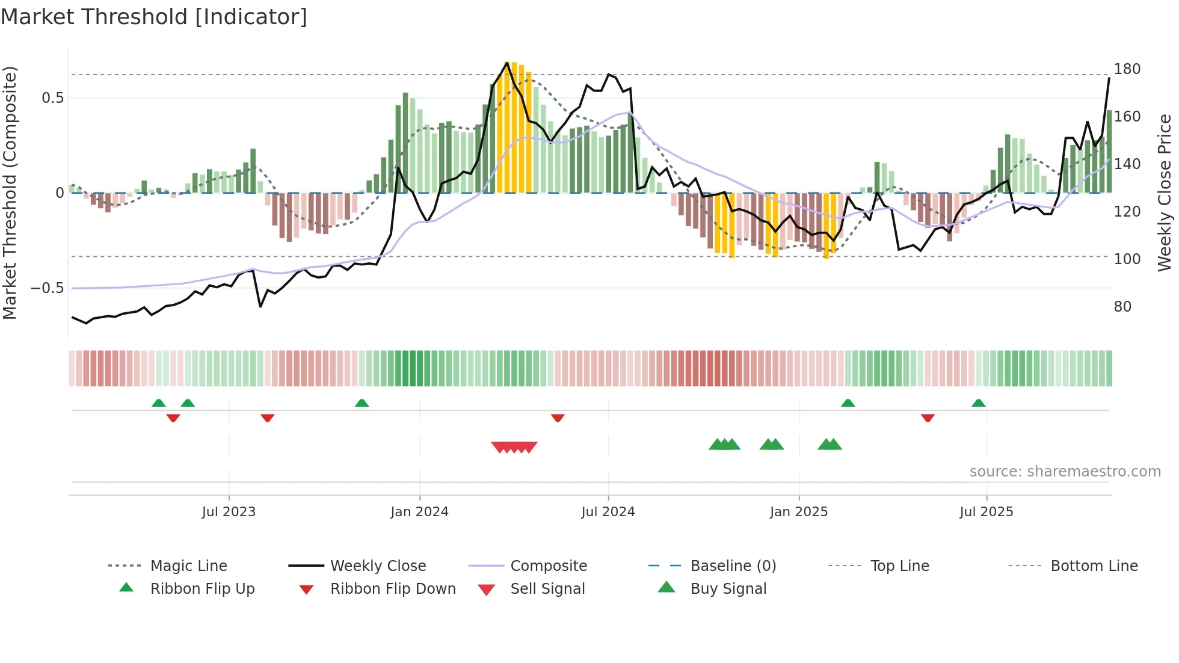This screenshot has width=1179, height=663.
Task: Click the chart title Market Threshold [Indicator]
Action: [154, 17]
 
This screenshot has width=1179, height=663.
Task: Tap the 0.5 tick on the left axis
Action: [52, 98]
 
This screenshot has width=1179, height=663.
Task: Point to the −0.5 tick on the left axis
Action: [48, 288]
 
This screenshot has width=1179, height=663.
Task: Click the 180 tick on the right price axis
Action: [1127, 69]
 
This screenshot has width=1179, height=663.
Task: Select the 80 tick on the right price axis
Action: [1122, 307]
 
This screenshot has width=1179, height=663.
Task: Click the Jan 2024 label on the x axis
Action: [419, 512]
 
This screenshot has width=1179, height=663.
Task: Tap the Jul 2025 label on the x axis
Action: [986, 512]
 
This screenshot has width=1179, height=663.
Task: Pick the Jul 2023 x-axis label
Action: [229, 512]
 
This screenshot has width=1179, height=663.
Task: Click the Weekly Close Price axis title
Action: [1165, 193]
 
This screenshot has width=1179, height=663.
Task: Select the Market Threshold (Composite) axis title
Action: [10, 193]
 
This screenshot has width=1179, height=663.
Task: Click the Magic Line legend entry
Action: [188, 566]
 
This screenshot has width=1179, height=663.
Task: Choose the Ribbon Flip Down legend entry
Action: [392, 589]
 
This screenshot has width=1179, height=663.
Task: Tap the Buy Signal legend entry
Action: [728, 589]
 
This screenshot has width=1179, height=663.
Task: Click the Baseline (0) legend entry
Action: [733, 566]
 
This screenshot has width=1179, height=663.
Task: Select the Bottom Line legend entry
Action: [1094, 566]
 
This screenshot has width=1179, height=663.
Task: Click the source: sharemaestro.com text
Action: [1065, 472]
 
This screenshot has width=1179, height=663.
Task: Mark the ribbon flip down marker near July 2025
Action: [928, 418]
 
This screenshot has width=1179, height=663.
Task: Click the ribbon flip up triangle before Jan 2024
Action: [362, 403]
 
